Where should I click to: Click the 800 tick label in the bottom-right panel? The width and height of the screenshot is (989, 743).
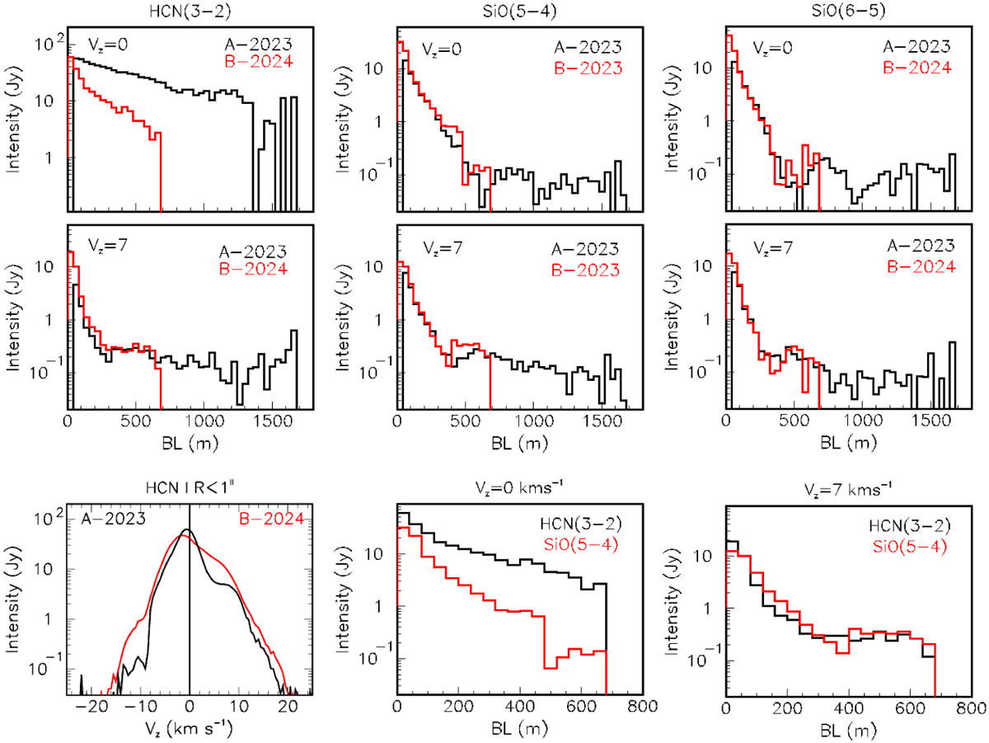coord(968,708)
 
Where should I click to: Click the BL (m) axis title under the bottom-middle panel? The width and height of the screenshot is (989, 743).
coord(516,730)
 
